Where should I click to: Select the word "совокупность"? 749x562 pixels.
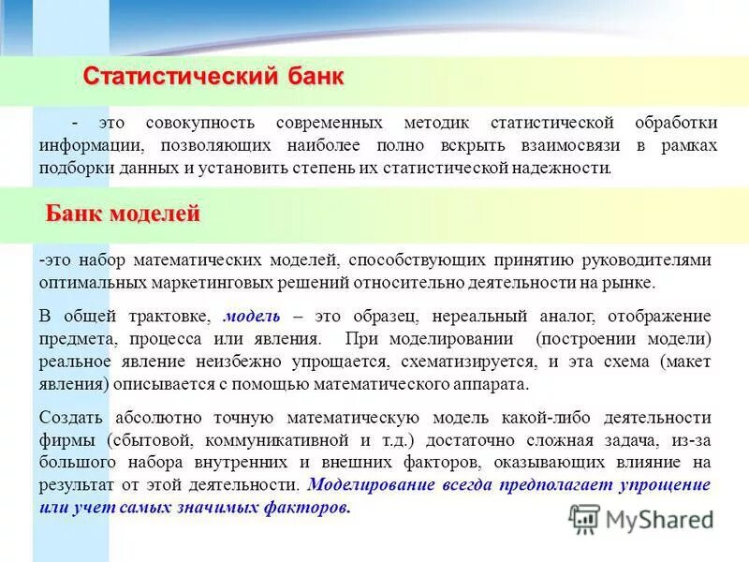pos(197,124)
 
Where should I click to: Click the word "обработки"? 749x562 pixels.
pos(675,124)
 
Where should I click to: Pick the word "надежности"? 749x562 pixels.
pos(561,169)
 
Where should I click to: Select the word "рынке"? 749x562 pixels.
pos(633,282)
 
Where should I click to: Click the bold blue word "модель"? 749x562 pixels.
pos(250,316)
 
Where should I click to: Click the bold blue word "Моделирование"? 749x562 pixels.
pos(362,485)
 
